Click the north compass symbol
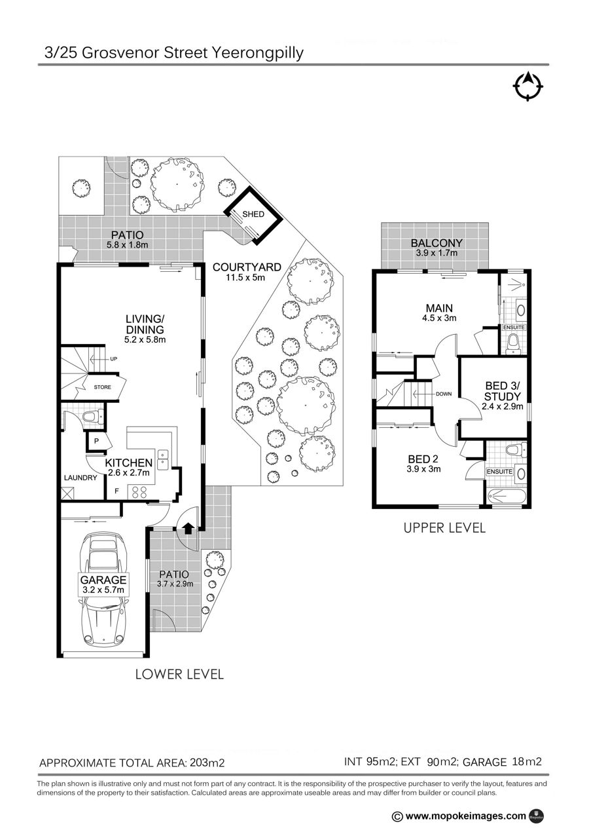[527, 86]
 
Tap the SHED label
[253, 214]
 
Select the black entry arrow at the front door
[188, 528]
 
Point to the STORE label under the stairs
[102, 387]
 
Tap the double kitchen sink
[163, 460]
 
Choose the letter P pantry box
[96, 441]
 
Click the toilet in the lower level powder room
[93, 416]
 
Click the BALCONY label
[437, 243]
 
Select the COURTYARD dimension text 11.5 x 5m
[245, 277]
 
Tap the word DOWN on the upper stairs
[444, 394]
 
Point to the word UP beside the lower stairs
[113, 359]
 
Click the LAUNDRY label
[80, 478]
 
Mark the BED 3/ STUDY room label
[503, 391]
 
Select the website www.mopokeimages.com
[466, 816]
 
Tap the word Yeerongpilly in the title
[257, 53]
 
